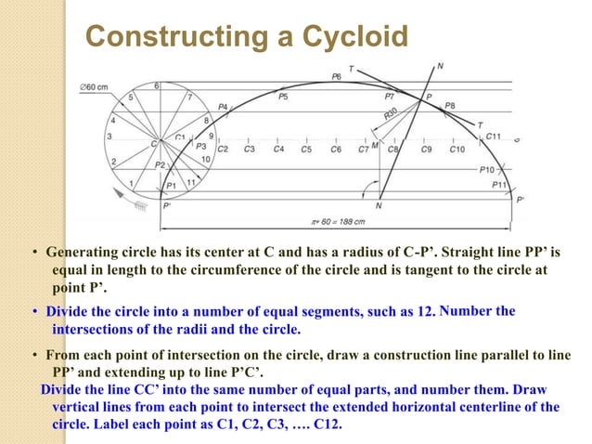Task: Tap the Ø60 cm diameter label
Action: coord(96,86)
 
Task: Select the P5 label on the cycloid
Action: coord(282,96)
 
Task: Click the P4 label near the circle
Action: coord(223,108)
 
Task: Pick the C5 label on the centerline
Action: coord(306,149)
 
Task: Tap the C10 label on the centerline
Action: coord(457,149)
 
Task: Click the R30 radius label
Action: coord(393,115)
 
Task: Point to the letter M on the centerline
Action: coord(375,146)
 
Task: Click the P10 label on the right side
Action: coord(486,170)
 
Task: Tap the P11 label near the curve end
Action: coord(499,185)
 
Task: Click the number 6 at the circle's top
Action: coord(157,86)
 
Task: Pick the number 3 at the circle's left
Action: coord(109,137)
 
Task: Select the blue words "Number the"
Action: coord(477,310)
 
